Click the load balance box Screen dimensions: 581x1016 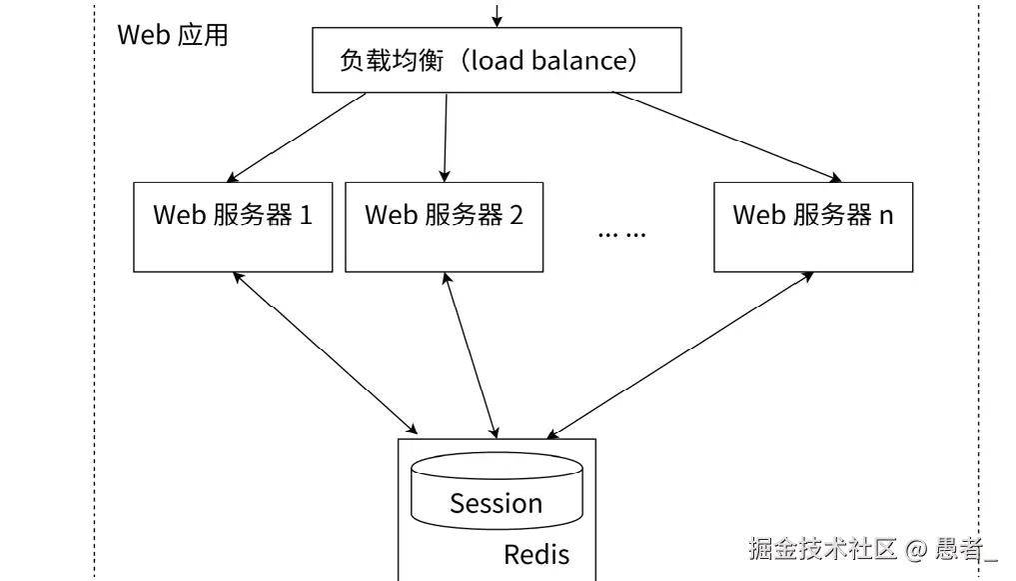point(497,61)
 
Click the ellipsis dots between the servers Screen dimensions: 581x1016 point(621,234)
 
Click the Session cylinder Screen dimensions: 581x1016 point(496,494)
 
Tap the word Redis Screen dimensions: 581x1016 point(535,554)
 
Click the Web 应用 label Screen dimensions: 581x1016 point(173,35)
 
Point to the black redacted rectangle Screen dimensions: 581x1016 point(806,491)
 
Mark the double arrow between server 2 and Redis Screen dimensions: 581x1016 point(470,352)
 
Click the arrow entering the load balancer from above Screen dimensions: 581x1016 point(497,13)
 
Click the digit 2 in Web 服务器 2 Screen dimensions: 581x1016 point(515,215)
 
